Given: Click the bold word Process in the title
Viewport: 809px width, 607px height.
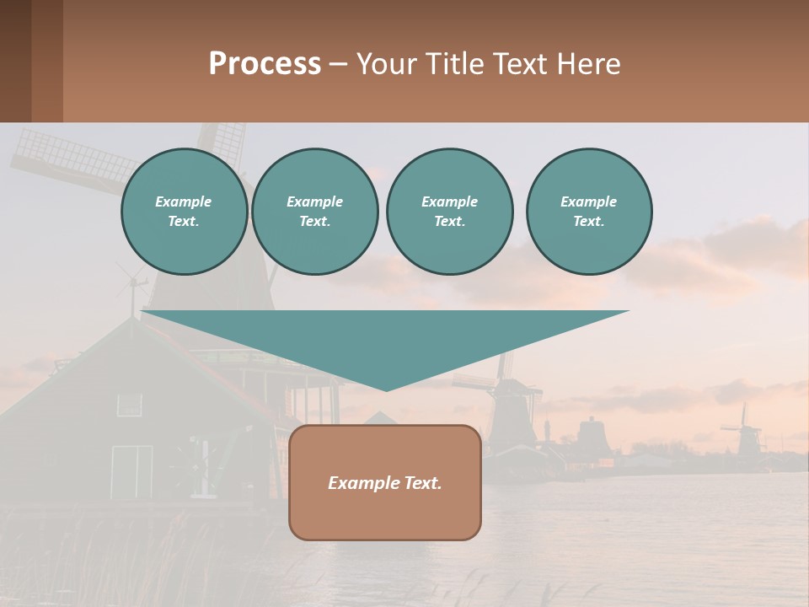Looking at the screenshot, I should coord(265,64).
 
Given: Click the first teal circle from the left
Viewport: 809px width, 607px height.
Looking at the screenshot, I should coord(184,212).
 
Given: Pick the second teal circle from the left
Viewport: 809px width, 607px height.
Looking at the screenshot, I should coord(314,212).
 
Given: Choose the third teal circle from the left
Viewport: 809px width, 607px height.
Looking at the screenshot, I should coord(449,212).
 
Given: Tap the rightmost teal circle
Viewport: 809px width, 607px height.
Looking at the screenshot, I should coord(588,212).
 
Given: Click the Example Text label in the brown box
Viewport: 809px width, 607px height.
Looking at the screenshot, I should coord(385,483).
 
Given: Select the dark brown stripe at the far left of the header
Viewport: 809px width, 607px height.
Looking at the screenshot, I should coord(15,61).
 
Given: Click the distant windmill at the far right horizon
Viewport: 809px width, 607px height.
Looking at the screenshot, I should coord(743,430).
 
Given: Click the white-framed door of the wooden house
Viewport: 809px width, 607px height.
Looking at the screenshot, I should coord(131,472).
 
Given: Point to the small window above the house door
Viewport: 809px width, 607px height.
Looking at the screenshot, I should coord(129,405).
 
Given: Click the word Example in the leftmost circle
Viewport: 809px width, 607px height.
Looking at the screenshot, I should coord(184,201).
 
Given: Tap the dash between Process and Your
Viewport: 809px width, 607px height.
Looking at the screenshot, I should coord(338,65).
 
